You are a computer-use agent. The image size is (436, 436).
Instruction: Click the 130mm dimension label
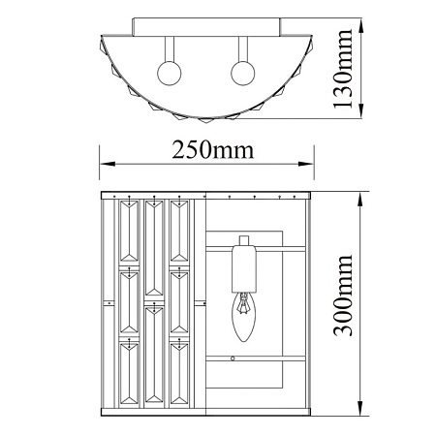click(343, 69)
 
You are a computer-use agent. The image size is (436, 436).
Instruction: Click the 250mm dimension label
click(213, 150)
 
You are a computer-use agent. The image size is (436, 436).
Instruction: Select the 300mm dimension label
click(343, 296)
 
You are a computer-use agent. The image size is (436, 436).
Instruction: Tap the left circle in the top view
click(169, 73)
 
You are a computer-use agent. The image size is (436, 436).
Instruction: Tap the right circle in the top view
click(243, 73)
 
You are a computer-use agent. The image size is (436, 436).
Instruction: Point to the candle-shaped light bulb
click(244, 317)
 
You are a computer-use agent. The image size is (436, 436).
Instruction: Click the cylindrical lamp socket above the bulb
click(244, 268)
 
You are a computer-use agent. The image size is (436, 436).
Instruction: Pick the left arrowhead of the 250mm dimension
click(108, 164)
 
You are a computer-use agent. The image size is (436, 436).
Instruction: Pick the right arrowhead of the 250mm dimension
click(306, 164)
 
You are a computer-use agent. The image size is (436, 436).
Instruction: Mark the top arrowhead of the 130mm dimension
click(361, 25)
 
